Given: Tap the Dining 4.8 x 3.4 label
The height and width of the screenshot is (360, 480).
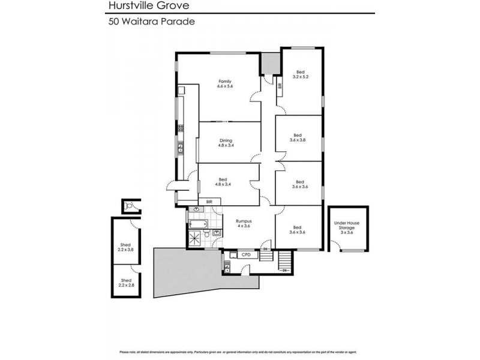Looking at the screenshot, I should [x=225, y=143].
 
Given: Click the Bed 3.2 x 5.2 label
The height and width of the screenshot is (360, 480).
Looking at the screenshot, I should [x=300, y=74].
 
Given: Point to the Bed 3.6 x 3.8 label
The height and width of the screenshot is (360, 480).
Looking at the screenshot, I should [x=298, y=137].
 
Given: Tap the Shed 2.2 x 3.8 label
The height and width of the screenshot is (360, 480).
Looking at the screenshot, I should [x=125, y=247].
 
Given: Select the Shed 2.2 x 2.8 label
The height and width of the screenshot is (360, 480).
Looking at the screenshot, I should [x=125, y=283].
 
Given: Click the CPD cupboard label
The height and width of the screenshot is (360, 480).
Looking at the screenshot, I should [x=245, y=255].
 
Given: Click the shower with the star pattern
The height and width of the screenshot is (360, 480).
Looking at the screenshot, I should [x=195, y=239].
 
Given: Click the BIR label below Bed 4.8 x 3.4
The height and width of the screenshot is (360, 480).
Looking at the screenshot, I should [x=209, y=202].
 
